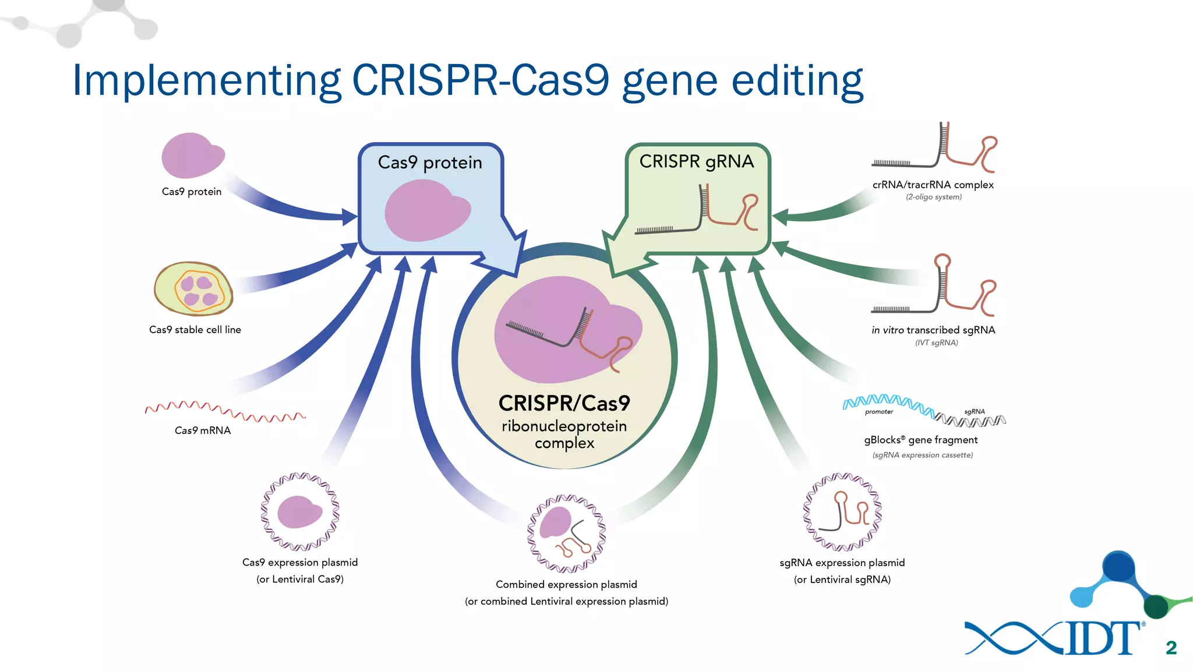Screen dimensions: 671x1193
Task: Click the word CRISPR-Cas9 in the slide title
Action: [481, 80]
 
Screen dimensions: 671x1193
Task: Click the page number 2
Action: [1171, 648]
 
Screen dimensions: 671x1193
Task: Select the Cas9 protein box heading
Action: [430, 163]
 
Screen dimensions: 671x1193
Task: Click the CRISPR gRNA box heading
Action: [696, 161]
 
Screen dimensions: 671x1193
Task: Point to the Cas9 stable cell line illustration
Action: [193, 289]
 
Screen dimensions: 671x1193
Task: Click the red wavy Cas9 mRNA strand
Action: [224, 410]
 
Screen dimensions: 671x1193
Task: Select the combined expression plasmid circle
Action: [566, 534]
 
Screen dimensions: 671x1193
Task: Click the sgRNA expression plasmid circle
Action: [842, 512]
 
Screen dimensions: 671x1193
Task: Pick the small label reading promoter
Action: [878, 412]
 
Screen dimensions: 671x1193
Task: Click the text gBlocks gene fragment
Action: [920, 440]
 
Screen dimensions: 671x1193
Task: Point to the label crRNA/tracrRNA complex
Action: [933, 185]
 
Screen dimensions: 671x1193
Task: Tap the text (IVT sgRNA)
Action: [936, 342]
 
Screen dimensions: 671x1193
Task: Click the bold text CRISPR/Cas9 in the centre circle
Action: [564, 403]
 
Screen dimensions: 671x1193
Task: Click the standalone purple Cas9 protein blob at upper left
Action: [192, 156]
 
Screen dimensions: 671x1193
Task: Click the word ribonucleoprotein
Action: [564, 426]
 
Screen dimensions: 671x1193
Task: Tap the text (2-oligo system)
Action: [933, 197]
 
